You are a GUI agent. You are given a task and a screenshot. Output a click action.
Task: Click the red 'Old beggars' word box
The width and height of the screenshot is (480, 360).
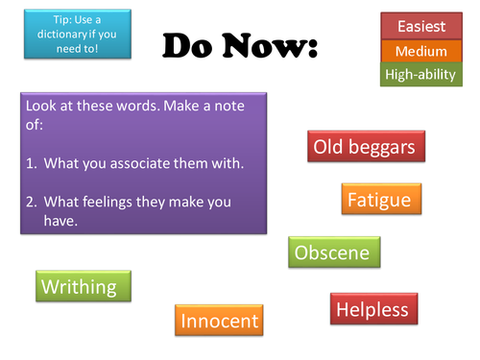(369, 148)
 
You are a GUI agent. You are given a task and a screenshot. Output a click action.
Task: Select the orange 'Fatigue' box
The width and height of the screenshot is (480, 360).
(378, 200)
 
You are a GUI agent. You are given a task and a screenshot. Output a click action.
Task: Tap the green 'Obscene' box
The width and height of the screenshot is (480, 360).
(334, 253)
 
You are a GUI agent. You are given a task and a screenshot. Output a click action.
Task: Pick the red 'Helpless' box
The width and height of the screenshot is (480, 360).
(372, 309)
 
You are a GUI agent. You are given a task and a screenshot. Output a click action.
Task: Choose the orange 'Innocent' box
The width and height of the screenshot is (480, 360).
(220, 321)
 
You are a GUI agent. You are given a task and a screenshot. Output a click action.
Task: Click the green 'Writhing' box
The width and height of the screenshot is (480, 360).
(83, 286)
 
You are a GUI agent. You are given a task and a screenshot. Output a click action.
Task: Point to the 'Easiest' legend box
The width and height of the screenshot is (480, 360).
(420, 27)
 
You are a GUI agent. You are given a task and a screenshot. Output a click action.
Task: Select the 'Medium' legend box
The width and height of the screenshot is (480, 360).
(420, 51)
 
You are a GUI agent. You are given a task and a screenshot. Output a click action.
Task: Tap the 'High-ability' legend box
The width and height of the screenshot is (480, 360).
(420, 74)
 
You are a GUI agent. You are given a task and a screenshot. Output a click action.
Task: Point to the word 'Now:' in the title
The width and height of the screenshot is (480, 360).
(271, 44)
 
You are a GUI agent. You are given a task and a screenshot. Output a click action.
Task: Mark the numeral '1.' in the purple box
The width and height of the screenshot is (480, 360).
(32, 163)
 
